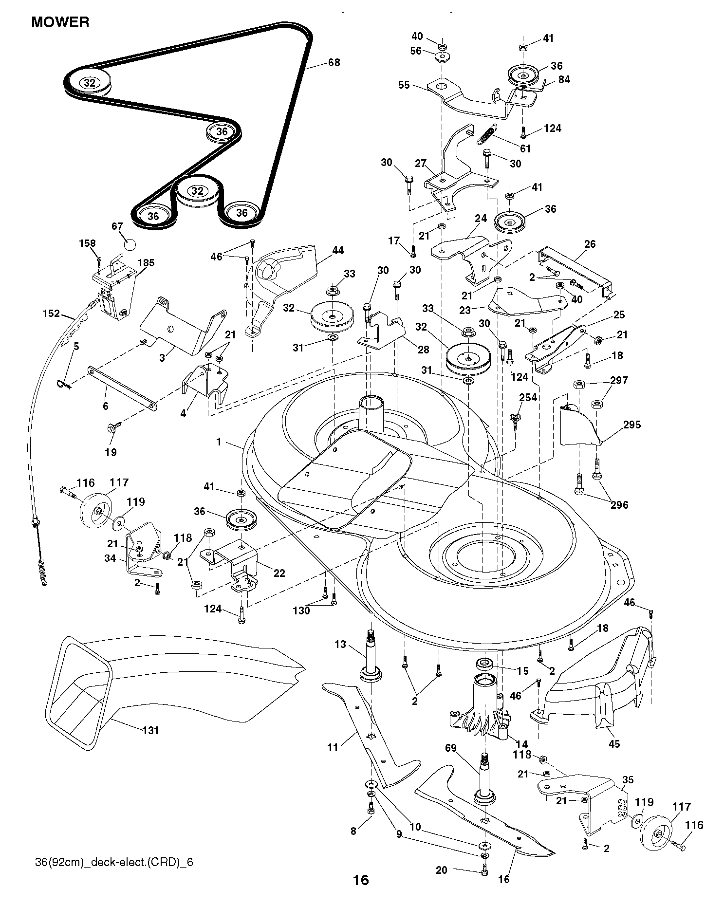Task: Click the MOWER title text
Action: pyautogui.click(x=60, y=22)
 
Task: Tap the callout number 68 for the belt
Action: pyautogui.click(x=334, y=62)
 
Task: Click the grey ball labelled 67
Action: pyautogui.click(x=129, y=244)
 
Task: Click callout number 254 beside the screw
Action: pyautogui.click(x=528, y=398)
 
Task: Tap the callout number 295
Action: pyautogui.click(x=632, y=425)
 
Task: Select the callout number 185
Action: pyautogui.click(x=146, y=263)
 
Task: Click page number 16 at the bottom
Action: pyautogui.click(x=361, y=880)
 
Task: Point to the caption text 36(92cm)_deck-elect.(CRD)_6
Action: pyautogui.click(x=114, y=862)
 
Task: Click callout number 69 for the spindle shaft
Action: pyautogui.click(x=451, y=747)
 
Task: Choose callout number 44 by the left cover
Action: pyautogui.click(x=337, y=250)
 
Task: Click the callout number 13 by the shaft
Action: pyautogui.click(x=340, y=645)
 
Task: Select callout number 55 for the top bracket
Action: pyautogui.click(x=404, y=85)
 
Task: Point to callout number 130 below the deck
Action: pyautogui.click(x=301, y=610)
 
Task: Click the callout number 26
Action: pyautogui.click(x=590, y=243)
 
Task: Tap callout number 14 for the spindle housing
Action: pyautogui.click(x=521, y=744)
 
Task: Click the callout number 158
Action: pyautogui.click(x=88, y=243)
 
